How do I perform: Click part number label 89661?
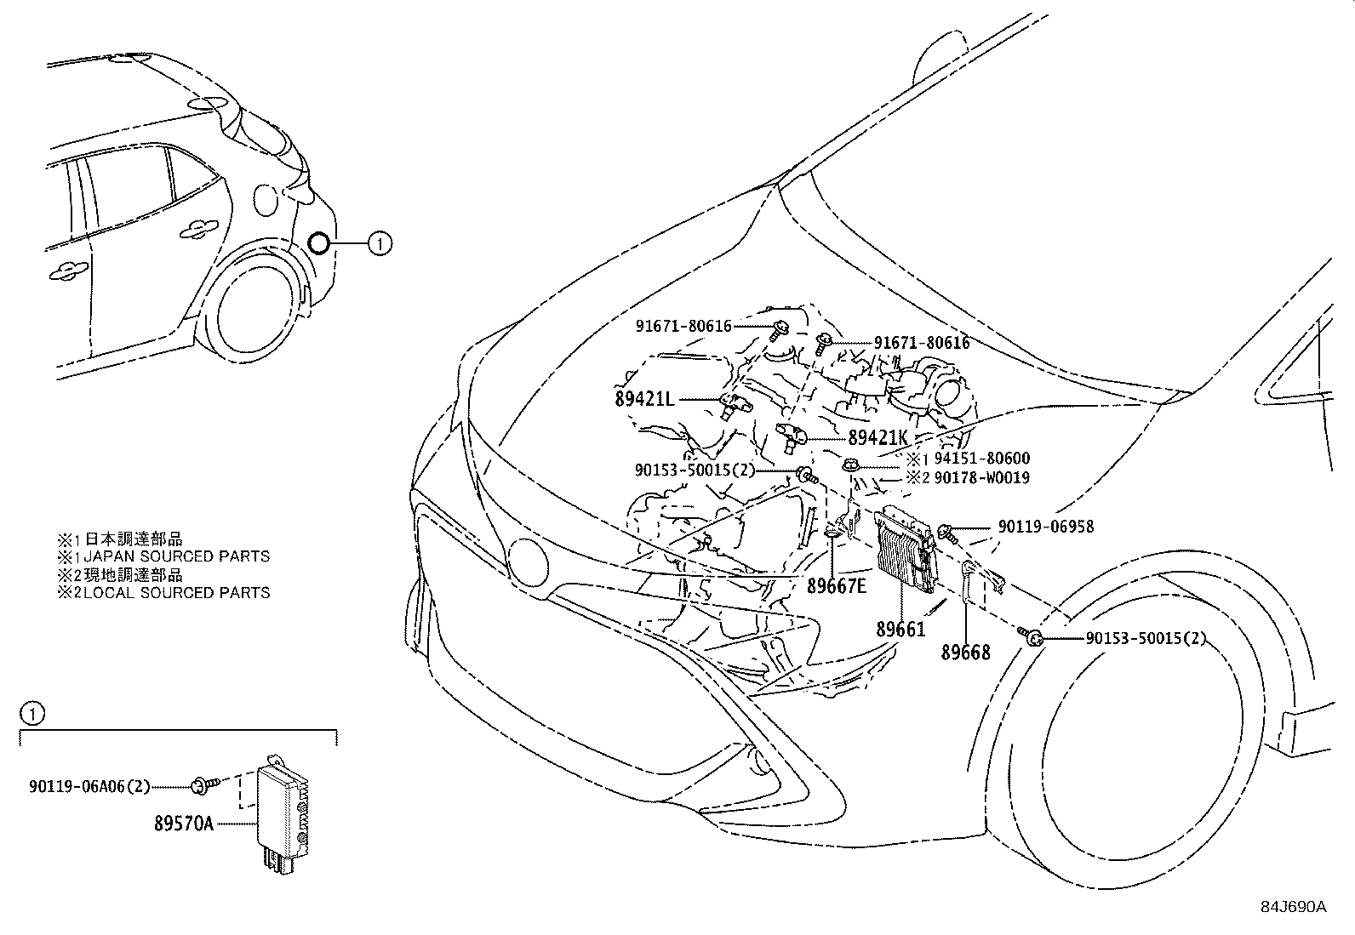click(x=900, y=629)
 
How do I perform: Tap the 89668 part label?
click(x=965, y=653)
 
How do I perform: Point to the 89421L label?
click(x=644, y=398)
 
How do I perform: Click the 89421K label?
click(x=878, y=437)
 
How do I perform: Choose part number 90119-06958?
click(x=1045, y=527)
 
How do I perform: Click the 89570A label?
click(x=184, y=824)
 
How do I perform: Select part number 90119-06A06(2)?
click(x=89, y=787)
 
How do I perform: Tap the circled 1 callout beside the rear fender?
click(x=380, y=244)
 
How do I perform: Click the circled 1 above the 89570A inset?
click(x=31, y=713)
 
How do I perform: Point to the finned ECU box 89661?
click(x=904, y=549)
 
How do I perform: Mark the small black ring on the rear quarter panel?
click(x=318, y=244)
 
